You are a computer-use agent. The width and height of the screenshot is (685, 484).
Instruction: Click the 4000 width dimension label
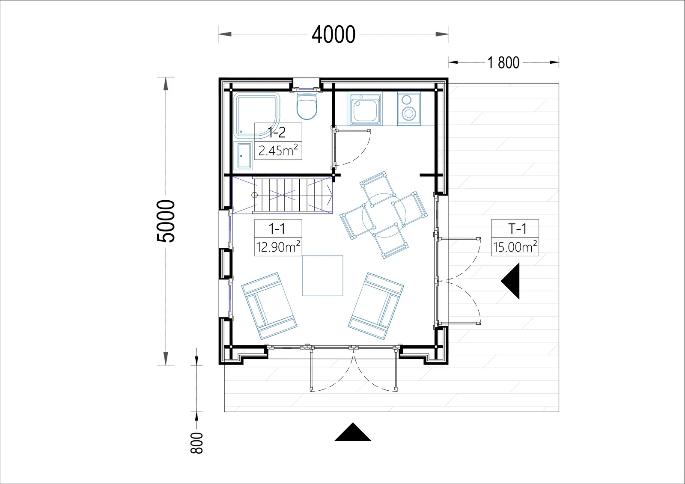(x=334, y=35)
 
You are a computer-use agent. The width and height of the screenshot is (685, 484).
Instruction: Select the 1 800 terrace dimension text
(x=503, y=62)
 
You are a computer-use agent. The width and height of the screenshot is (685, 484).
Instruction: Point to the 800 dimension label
(x=197, y=443)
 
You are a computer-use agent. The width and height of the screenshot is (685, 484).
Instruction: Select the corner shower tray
(x=257, y=116)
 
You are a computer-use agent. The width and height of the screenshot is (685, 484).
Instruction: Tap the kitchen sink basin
(x=365, y=110)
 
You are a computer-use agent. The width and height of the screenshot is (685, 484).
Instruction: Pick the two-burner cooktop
(x=408, y=109)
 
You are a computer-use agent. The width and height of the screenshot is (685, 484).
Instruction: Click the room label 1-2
(x=277, y=132)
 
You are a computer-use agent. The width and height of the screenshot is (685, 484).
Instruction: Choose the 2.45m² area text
(x=278, y=151)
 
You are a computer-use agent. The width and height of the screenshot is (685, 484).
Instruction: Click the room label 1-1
(x=277, y=229)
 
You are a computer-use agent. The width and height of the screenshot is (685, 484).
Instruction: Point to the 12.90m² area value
(x=278, y=247)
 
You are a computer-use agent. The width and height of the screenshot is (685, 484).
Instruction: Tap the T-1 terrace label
(x=517, y=229)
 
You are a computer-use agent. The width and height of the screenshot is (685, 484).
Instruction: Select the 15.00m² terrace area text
(x=515, y=247)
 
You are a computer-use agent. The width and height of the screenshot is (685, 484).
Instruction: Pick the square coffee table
(x=322, y=276)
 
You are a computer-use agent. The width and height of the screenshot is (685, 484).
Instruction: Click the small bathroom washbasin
(x=244, y=156)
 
